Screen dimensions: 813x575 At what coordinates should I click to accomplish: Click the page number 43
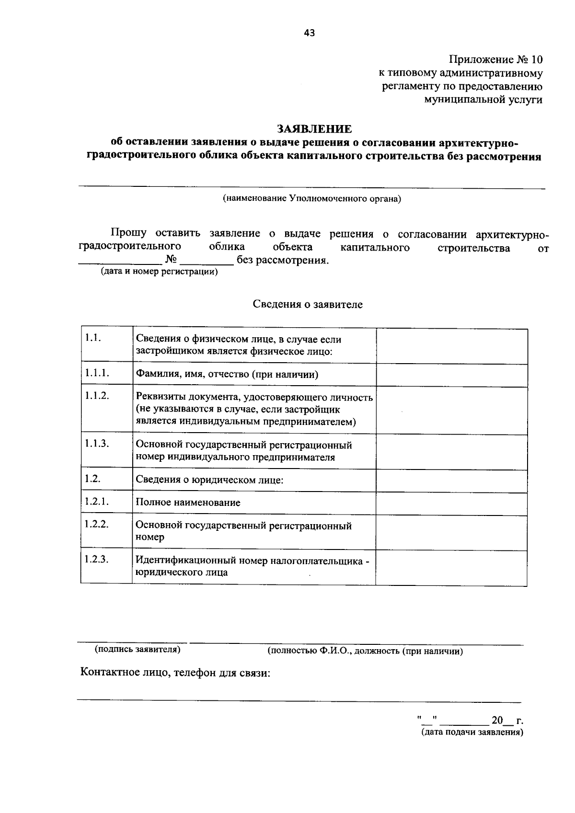(x=309, y=33)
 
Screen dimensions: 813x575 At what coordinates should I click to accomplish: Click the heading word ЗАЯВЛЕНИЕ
(x=314, y=129)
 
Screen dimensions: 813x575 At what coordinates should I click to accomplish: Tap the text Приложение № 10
(x=496, y=60)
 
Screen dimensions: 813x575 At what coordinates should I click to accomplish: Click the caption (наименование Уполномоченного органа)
(x=311, y=198)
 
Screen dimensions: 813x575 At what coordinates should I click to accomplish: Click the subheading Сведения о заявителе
(x=308, y=305)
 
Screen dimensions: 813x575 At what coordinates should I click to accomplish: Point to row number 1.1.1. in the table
(x=97, y=373)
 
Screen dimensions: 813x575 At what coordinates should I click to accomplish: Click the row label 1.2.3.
(x=97, y=559)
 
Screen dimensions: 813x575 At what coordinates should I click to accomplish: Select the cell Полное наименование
(x=188, y=503)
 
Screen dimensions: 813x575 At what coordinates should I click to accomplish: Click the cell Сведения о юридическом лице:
(x=209, y=480)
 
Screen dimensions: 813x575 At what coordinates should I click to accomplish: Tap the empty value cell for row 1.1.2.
(x=451, y=410)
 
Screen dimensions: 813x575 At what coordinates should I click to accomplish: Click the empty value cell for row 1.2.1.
(x=451, y=503)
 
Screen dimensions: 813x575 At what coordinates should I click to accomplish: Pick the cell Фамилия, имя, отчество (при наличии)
(x=227, y=375)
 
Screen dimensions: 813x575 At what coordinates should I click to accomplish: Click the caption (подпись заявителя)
(x=138, y=650)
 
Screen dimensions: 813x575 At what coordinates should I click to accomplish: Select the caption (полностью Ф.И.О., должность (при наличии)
(x=365, y=652)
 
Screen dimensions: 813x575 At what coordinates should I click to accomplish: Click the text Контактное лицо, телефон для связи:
(x=175, y=673)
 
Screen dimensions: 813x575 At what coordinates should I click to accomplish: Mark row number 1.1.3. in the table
(x=97, y=443)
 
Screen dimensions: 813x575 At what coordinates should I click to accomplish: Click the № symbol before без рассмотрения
(x=171, y=260)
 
